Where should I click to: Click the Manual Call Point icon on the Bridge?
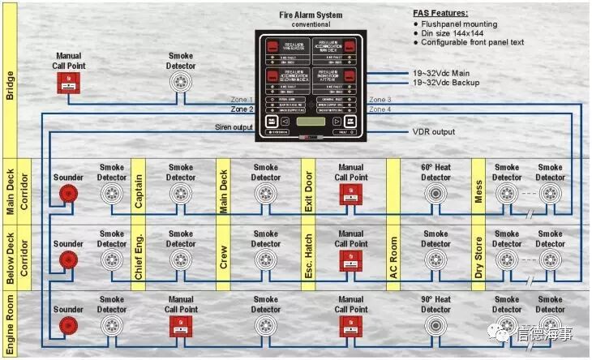pyautogui.click(x=69, y=83)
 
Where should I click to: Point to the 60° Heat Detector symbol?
pyautogui.click(x=435, y=194)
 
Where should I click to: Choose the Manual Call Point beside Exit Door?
pyautogui.click(x=351, y=194)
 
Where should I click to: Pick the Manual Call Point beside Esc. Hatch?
pyautogui.click(x=351, y=259)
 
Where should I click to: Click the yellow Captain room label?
pyautogui.click(x=139, y=191)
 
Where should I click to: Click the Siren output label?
pyautogui.click(x=234, y=127)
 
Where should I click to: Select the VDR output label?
pyautogui.click(x=434, y=131)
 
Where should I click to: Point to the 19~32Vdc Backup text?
pyautogui.click(x=447, y=83)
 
